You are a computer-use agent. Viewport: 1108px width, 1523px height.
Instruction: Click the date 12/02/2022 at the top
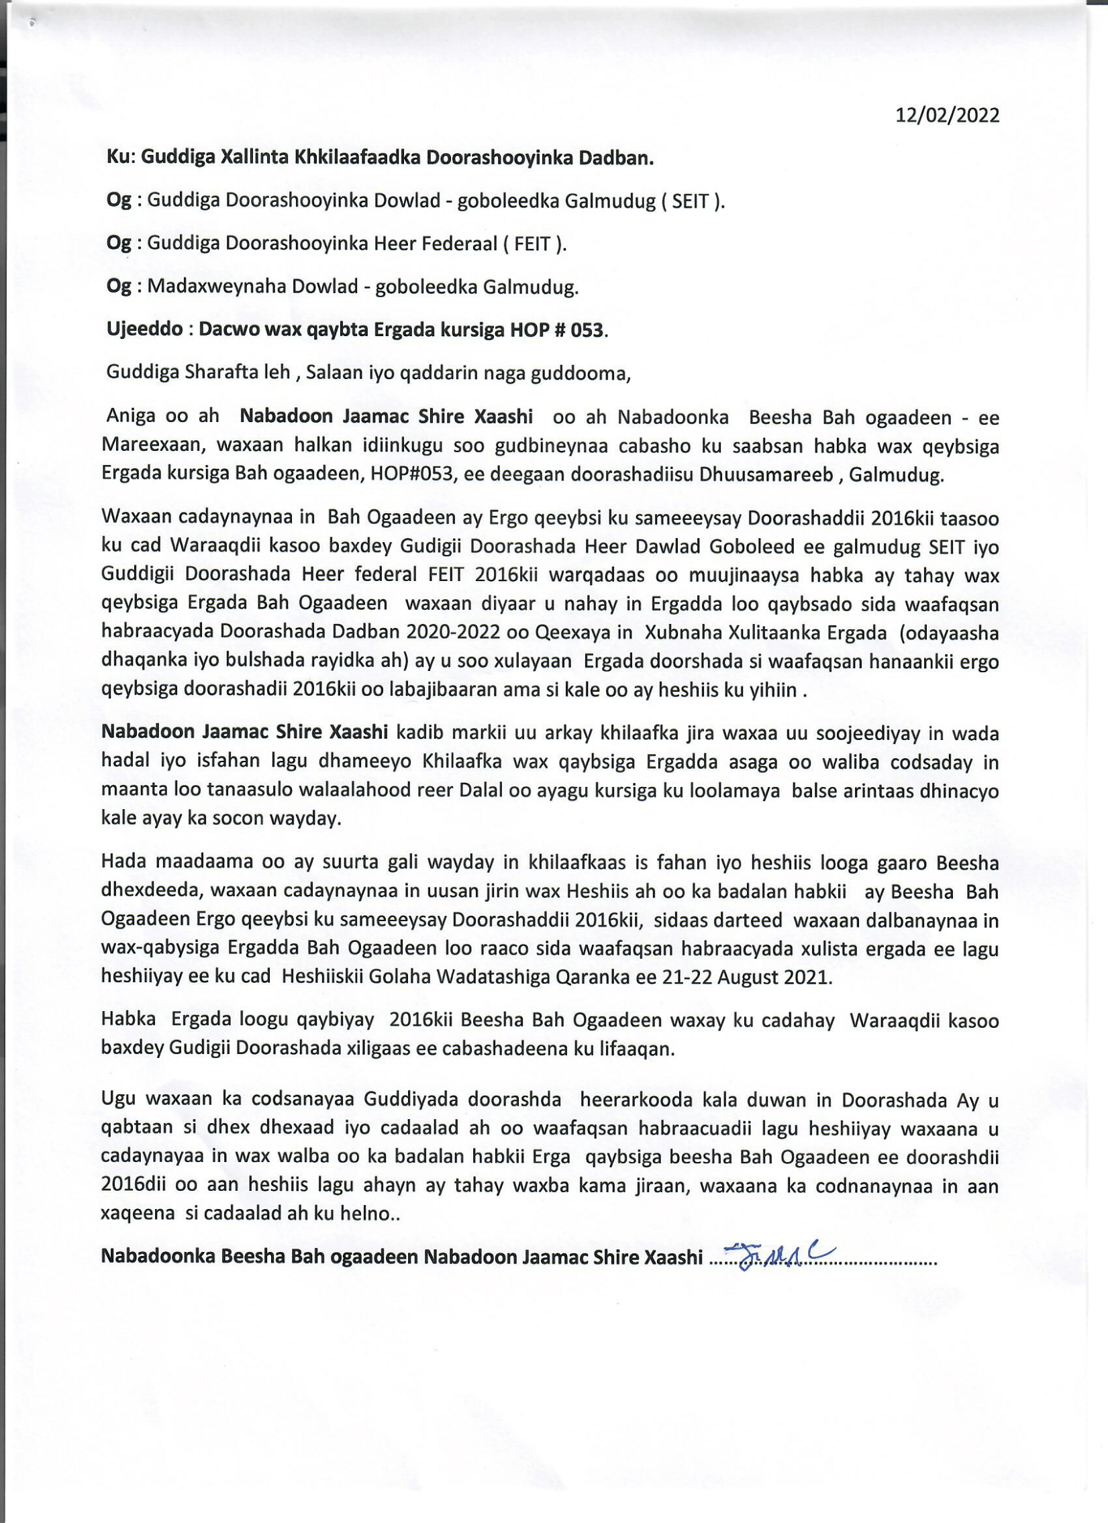coord(948,115)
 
